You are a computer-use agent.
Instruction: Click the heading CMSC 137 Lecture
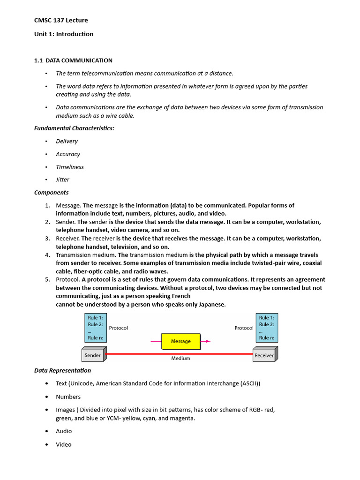[x=61, y=20]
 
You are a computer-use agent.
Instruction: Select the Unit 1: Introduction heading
[x=64, y=34]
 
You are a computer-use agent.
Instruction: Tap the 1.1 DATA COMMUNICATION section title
[x=73, y=60]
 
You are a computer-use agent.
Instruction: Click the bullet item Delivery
[x=67, y=141]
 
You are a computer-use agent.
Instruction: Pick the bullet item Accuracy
[x=68, y=154]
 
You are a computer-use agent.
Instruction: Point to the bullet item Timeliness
[x=70, y=167]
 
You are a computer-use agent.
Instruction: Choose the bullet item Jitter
[x=62, y=180]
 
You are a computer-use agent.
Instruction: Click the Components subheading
[x=51, y=192]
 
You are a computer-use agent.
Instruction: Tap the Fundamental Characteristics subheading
[x=74, y=128]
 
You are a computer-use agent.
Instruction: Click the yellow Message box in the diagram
[x=180, y=341]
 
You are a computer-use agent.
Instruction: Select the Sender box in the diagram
[x=93, y=355]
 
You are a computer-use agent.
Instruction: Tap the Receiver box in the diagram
[x=264, y=355]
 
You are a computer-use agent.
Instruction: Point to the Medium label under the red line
[x=180, y=359]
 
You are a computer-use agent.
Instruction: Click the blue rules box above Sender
[x=96, y=328]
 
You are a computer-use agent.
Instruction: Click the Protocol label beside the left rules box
[x=118, y=328]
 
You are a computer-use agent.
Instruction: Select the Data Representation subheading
[x=62, y=370]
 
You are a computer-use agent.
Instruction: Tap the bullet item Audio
[x=64, y=431]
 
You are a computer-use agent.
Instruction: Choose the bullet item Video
[x=64, y=444]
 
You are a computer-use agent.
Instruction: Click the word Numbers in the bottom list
[x=68, y=397]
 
